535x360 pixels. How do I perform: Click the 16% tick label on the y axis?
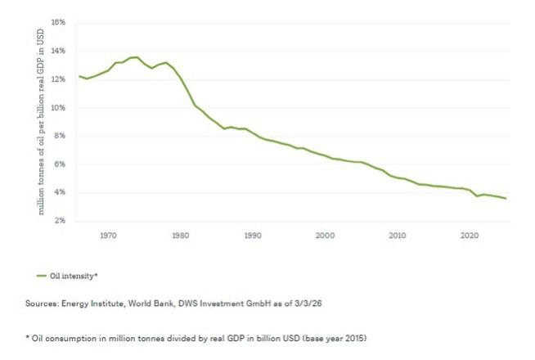pyautogui.click(x=57, y=22)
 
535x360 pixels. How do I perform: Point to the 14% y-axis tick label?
pyautogui.click(x=57, y=51)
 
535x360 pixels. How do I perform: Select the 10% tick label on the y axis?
pyautogui.click(x=57, y=107)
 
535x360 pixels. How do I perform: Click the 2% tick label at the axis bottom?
pyautogui.click(x=59, y=221)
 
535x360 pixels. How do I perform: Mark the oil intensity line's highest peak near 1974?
pyautogui.click(x=136, y=57)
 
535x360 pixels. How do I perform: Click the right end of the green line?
pyautogui.click(x=506, y=199)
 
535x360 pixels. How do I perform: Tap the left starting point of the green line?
pyautogui.click(x=79, y=76)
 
